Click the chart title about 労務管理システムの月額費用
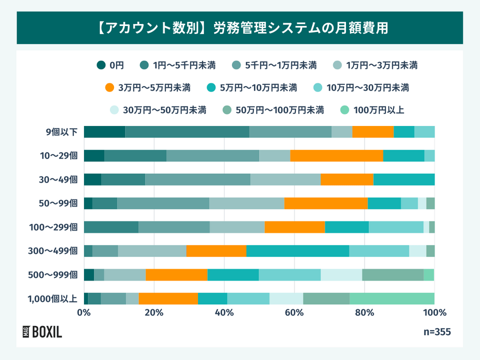click(240, 27)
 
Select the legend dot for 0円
click(101, 64)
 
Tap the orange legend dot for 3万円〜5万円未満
click(110, 88)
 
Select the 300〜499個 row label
click(57, 251)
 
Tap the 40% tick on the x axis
click(224, 313)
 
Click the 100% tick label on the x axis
click(434, 313)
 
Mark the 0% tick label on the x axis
click(84, 313)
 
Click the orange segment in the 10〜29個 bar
click(336, 155)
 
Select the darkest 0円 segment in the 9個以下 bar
click(104, 132)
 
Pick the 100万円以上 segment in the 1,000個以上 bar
click(391, 298)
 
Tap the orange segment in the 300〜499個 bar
click(216, 251)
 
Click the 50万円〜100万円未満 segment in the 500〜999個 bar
click(392, 275)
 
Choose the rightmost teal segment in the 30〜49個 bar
click(404, 179)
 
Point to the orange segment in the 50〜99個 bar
click(326, 203)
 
